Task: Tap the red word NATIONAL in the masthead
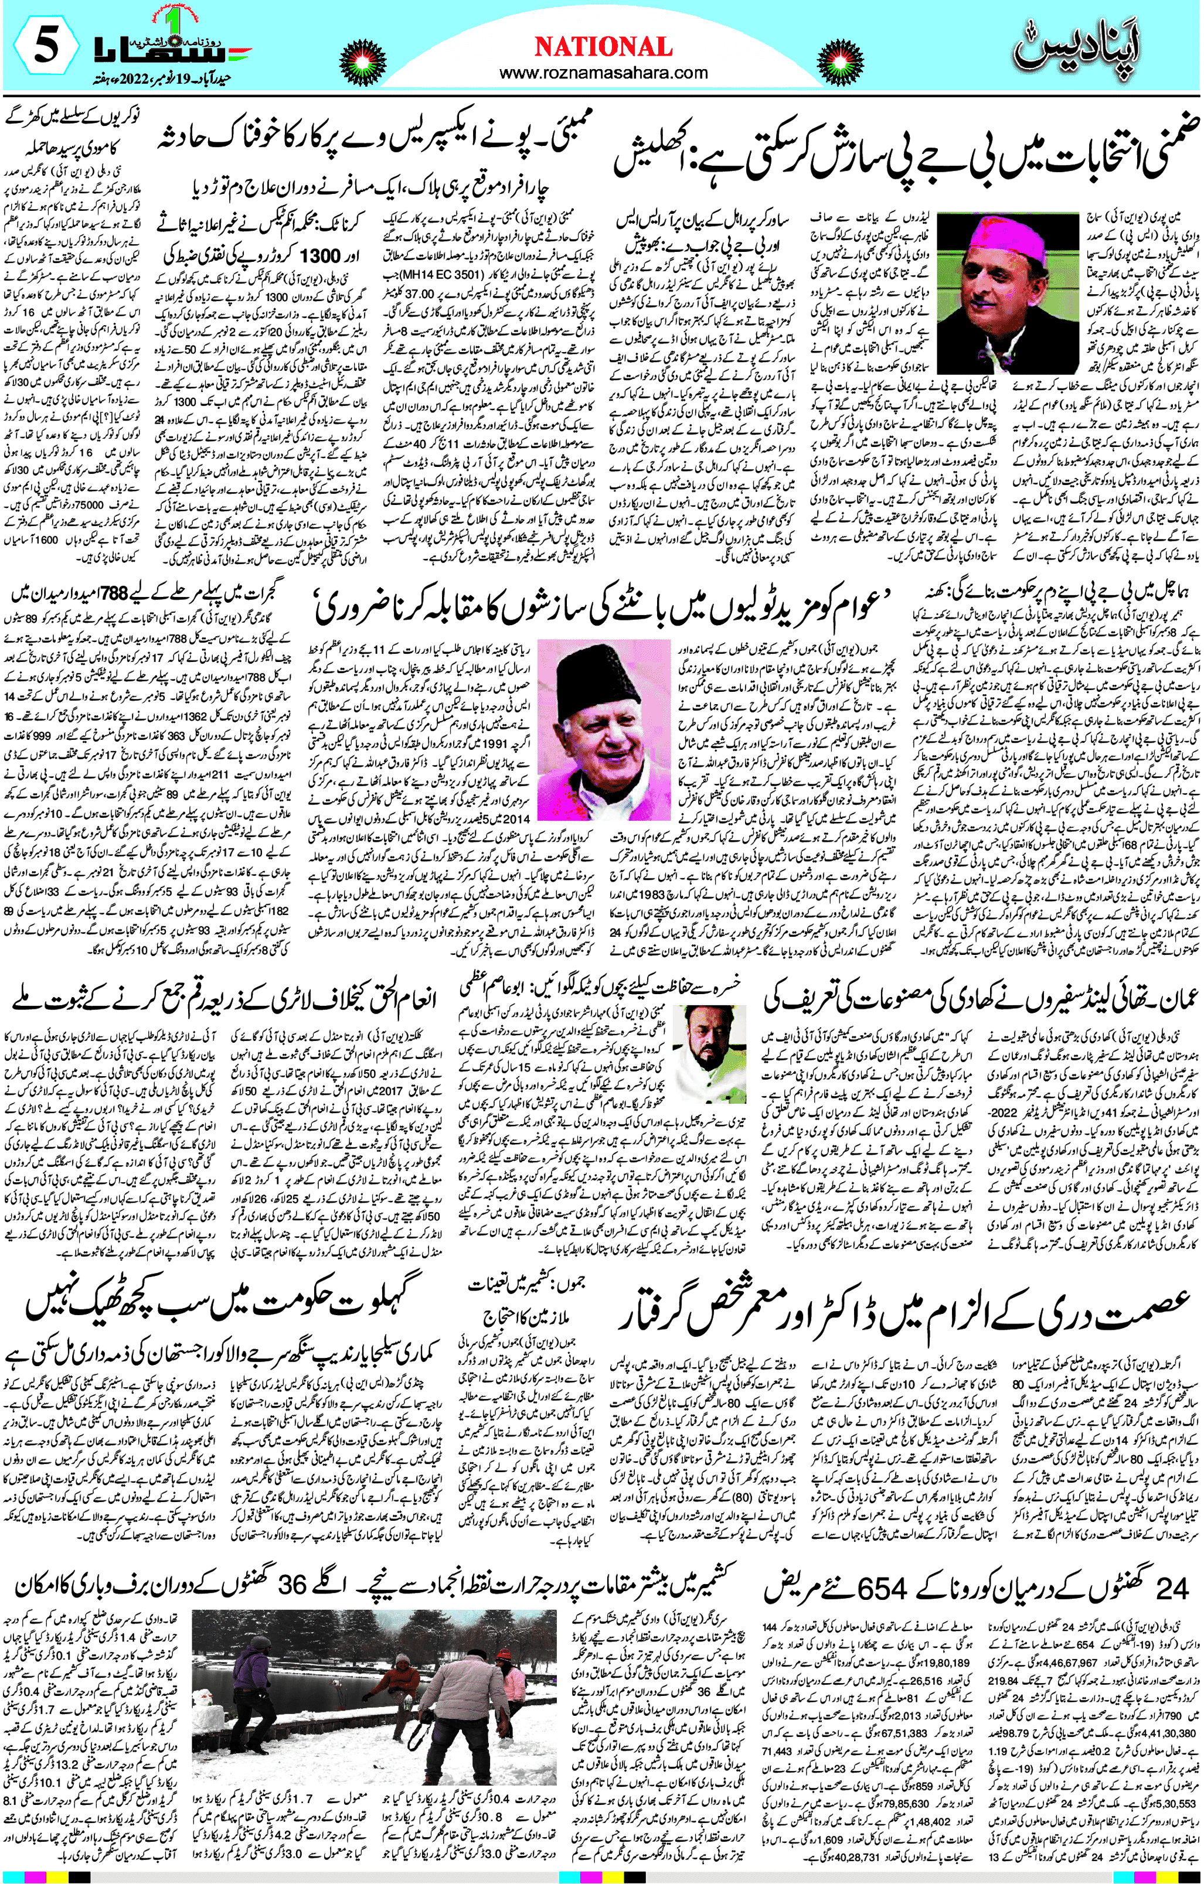[603, 47]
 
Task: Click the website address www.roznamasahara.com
[603, 73]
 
